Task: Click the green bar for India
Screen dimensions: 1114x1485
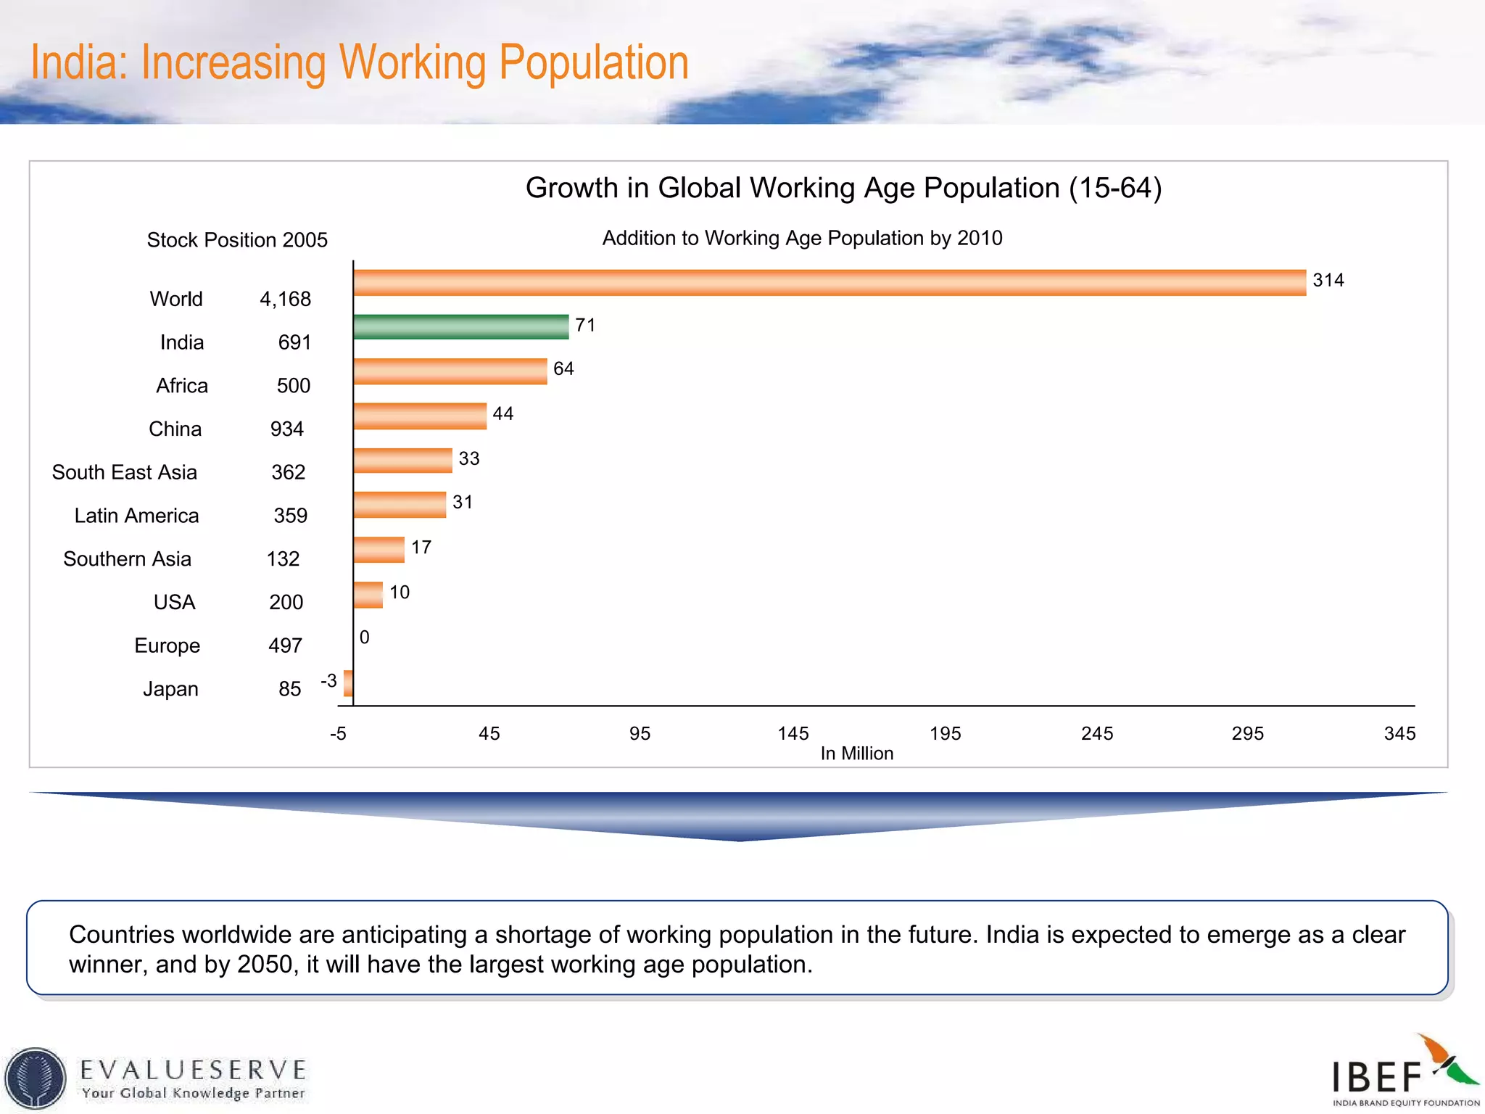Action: pos(461,326)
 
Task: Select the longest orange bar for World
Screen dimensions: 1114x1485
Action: pos(830,282)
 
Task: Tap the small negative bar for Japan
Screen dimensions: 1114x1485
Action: pos(349,683)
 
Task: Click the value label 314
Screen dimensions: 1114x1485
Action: pos(1328,281)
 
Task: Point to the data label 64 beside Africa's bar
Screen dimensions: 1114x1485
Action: pos(563,369)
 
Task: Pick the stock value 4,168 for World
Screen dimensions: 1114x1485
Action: pos(285,299)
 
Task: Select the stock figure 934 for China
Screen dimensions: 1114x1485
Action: pos(286,429)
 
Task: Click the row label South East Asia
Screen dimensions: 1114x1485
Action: pos(125,472)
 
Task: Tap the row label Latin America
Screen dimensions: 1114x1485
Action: pos(136,516)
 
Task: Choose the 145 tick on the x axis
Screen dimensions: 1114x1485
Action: pos(793,733)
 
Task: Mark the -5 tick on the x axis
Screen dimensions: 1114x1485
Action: pos(338,733)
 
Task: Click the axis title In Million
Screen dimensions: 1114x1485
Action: pos(856,754)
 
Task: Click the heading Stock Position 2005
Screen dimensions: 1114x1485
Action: pos(237,240)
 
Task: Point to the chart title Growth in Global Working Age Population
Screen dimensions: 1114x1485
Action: pos(843,188)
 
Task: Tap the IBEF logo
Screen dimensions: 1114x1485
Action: pos(1403,1072)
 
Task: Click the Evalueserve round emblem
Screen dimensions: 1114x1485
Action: pos(35,1078)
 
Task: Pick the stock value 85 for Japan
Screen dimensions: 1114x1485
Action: pos(289,689)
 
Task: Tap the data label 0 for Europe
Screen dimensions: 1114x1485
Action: pos(365,638)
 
